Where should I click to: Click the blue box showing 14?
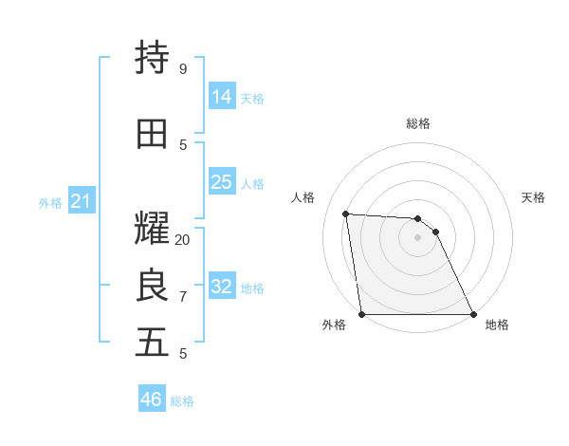coord(222,96)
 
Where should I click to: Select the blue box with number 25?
coord(222,181)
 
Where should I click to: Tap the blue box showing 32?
coord(222,286)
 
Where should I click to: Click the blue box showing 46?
coord(152,400)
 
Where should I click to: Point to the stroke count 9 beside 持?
coord(182,68)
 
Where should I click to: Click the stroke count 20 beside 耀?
coord(183,239)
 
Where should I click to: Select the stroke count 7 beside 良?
coord(182,297)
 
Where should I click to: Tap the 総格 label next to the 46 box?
coord(182,401)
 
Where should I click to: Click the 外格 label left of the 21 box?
coord(50,202)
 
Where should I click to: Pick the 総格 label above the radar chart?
coord(417,123)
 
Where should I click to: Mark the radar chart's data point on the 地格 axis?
coord(472,313)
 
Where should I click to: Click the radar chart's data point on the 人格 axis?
coord(346,214)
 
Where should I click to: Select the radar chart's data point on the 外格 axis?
coord(362,313)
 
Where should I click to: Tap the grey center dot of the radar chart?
coord(417,237)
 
